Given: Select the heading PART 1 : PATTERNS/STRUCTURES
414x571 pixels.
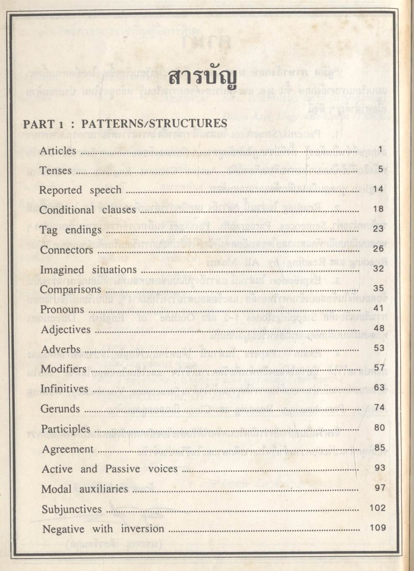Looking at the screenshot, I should click(x=125, y=124).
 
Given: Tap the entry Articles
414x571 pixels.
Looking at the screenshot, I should click(x=58, y=151).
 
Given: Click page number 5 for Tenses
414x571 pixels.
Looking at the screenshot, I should click(x=381, y=169).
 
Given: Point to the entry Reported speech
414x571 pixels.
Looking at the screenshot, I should click(x=80, y=190).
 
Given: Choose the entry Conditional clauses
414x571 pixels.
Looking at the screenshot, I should click(x=87, y=210).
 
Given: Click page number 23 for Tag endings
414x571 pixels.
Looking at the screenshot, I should click(x=378, y=228).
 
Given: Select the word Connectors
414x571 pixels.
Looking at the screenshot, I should click(x=66, y=250).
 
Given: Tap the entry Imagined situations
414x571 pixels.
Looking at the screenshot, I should click(x=88, y=270).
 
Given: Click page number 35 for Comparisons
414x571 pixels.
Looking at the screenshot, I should click(x=378, y=288).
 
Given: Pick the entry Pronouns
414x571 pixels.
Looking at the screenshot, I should click(x=62, y=310).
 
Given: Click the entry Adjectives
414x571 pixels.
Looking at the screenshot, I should click(x=66, y=330).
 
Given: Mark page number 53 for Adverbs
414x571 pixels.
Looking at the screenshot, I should click(x=378, y=348).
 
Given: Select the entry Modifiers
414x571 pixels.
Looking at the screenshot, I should click(x=64, y=369).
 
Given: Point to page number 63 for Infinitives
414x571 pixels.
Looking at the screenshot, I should click(x=379, y=388).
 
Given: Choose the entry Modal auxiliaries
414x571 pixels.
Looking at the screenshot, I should click(x=84, y=489).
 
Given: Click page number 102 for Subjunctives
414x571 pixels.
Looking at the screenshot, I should click(x=378, y=508).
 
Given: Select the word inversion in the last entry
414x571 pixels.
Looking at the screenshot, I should click(x=143, y=529).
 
